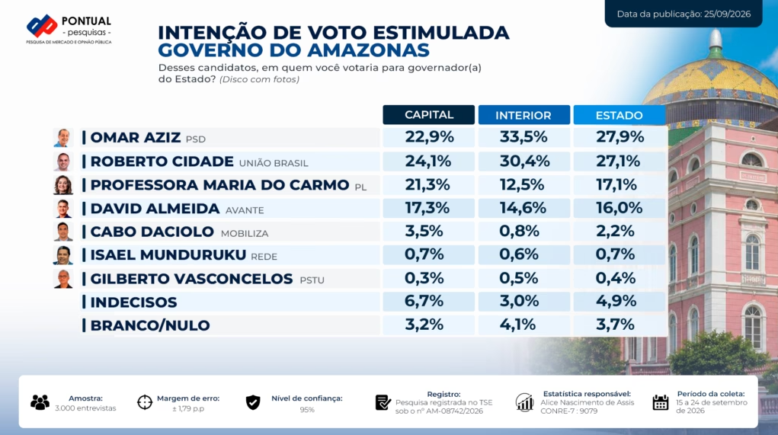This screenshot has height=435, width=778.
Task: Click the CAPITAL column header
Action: point(429,114)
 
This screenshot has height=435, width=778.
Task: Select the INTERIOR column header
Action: point(523,114)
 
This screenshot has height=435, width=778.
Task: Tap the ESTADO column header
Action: point(620,114)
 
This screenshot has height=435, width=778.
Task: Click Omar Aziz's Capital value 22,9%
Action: point(429,137)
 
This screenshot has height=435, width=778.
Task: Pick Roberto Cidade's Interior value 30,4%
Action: point(524,161)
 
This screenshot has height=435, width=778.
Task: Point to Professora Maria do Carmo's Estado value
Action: point(616,184)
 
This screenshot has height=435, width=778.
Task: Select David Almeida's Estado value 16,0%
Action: point(620,208)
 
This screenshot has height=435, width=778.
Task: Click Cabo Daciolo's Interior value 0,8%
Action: point(519,231)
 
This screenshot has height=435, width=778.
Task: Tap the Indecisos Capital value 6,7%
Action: point(424,301)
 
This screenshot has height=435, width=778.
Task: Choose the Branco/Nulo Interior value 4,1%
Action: point(517,325)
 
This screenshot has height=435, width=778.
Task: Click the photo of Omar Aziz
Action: point(63,137)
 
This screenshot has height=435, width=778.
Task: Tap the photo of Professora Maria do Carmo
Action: point(63,184)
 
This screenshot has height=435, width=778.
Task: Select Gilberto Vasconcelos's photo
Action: point(63,279)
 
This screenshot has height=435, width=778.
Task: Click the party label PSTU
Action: point(312,280)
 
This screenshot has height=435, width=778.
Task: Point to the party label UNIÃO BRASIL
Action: point(274,163)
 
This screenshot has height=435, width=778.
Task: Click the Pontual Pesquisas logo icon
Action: point(42,26)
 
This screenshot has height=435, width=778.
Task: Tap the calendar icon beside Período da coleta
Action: point(661,402)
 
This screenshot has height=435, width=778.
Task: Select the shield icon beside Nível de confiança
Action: point(253,402)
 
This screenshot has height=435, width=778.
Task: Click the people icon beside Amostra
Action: point(40,402)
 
